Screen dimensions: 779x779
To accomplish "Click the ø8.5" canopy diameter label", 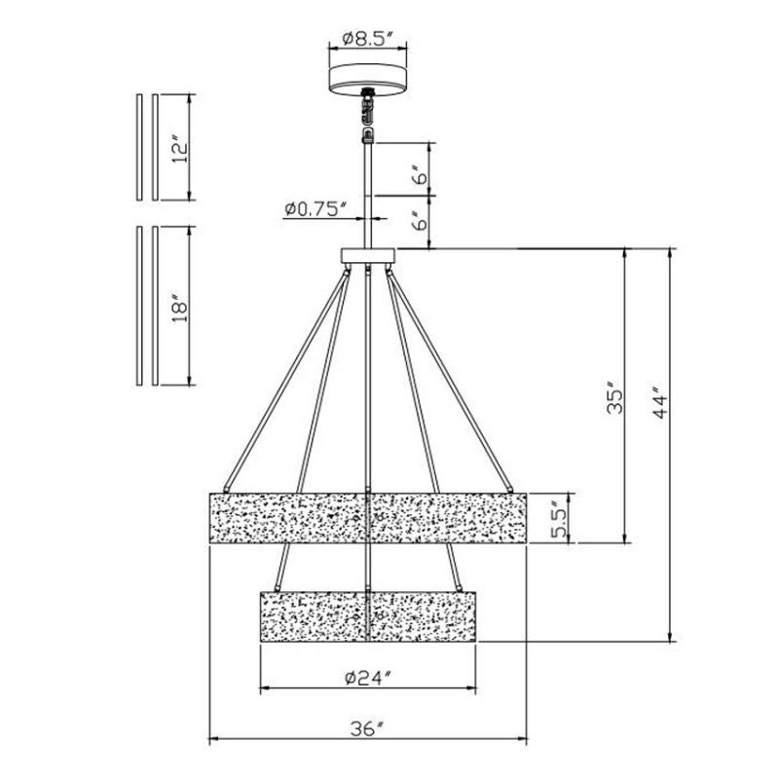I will point(367,40).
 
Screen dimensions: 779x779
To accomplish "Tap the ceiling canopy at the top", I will point(367,77).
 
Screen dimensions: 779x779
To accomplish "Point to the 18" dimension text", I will point(177,306).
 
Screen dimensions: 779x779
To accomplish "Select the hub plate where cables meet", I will point(367,257).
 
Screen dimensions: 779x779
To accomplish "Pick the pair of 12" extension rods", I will point(147,146).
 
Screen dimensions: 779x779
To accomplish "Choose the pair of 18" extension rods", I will point(147,306).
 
